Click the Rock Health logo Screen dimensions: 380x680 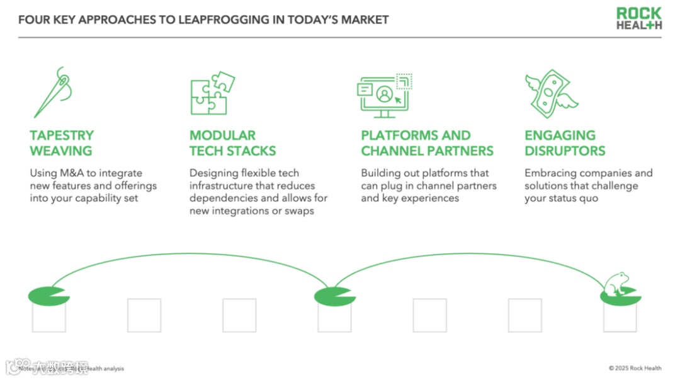tap(638, 18)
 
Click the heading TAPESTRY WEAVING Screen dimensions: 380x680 tap(62, 143)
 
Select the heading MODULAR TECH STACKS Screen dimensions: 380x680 tap(232, 143)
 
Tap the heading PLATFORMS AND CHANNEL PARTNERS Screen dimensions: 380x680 tap(427, 143)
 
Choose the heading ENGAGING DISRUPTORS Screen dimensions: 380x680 tap(565, 143)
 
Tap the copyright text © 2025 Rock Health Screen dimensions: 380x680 tap(635, 368)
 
